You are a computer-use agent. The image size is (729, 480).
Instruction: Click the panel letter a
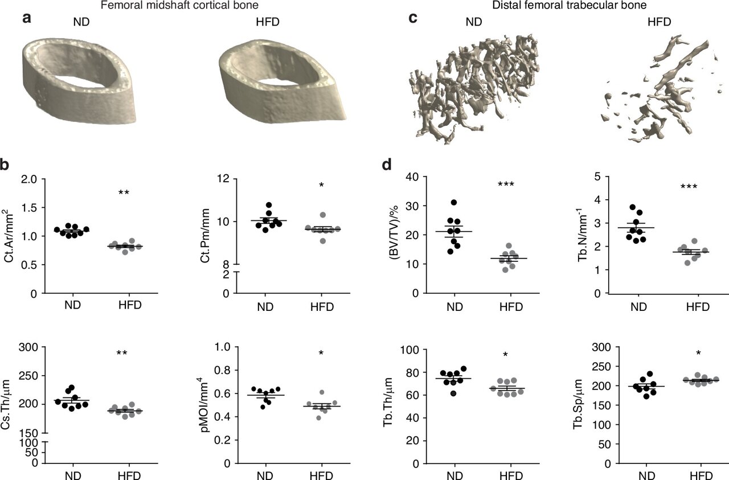coord(26,18)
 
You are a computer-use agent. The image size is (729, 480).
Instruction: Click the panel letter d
coord(387,165)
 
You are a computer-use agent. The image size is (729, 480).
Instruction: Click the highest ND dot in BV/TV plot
coord(453,203)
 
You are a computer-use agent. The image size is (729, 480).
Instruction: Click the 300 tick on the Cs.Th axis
coord(27,347)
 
